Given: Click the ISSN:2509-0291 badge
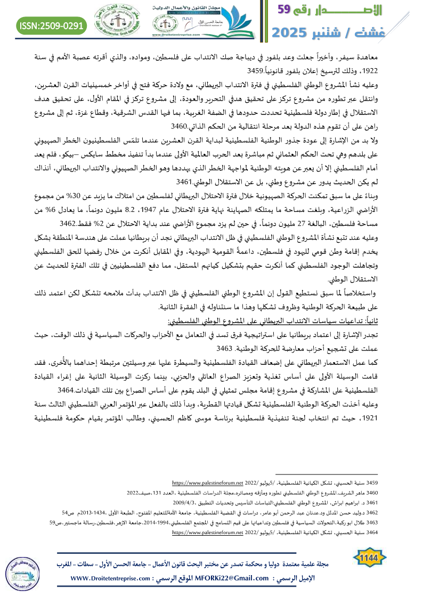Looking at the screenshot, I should tap(52, 25).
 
